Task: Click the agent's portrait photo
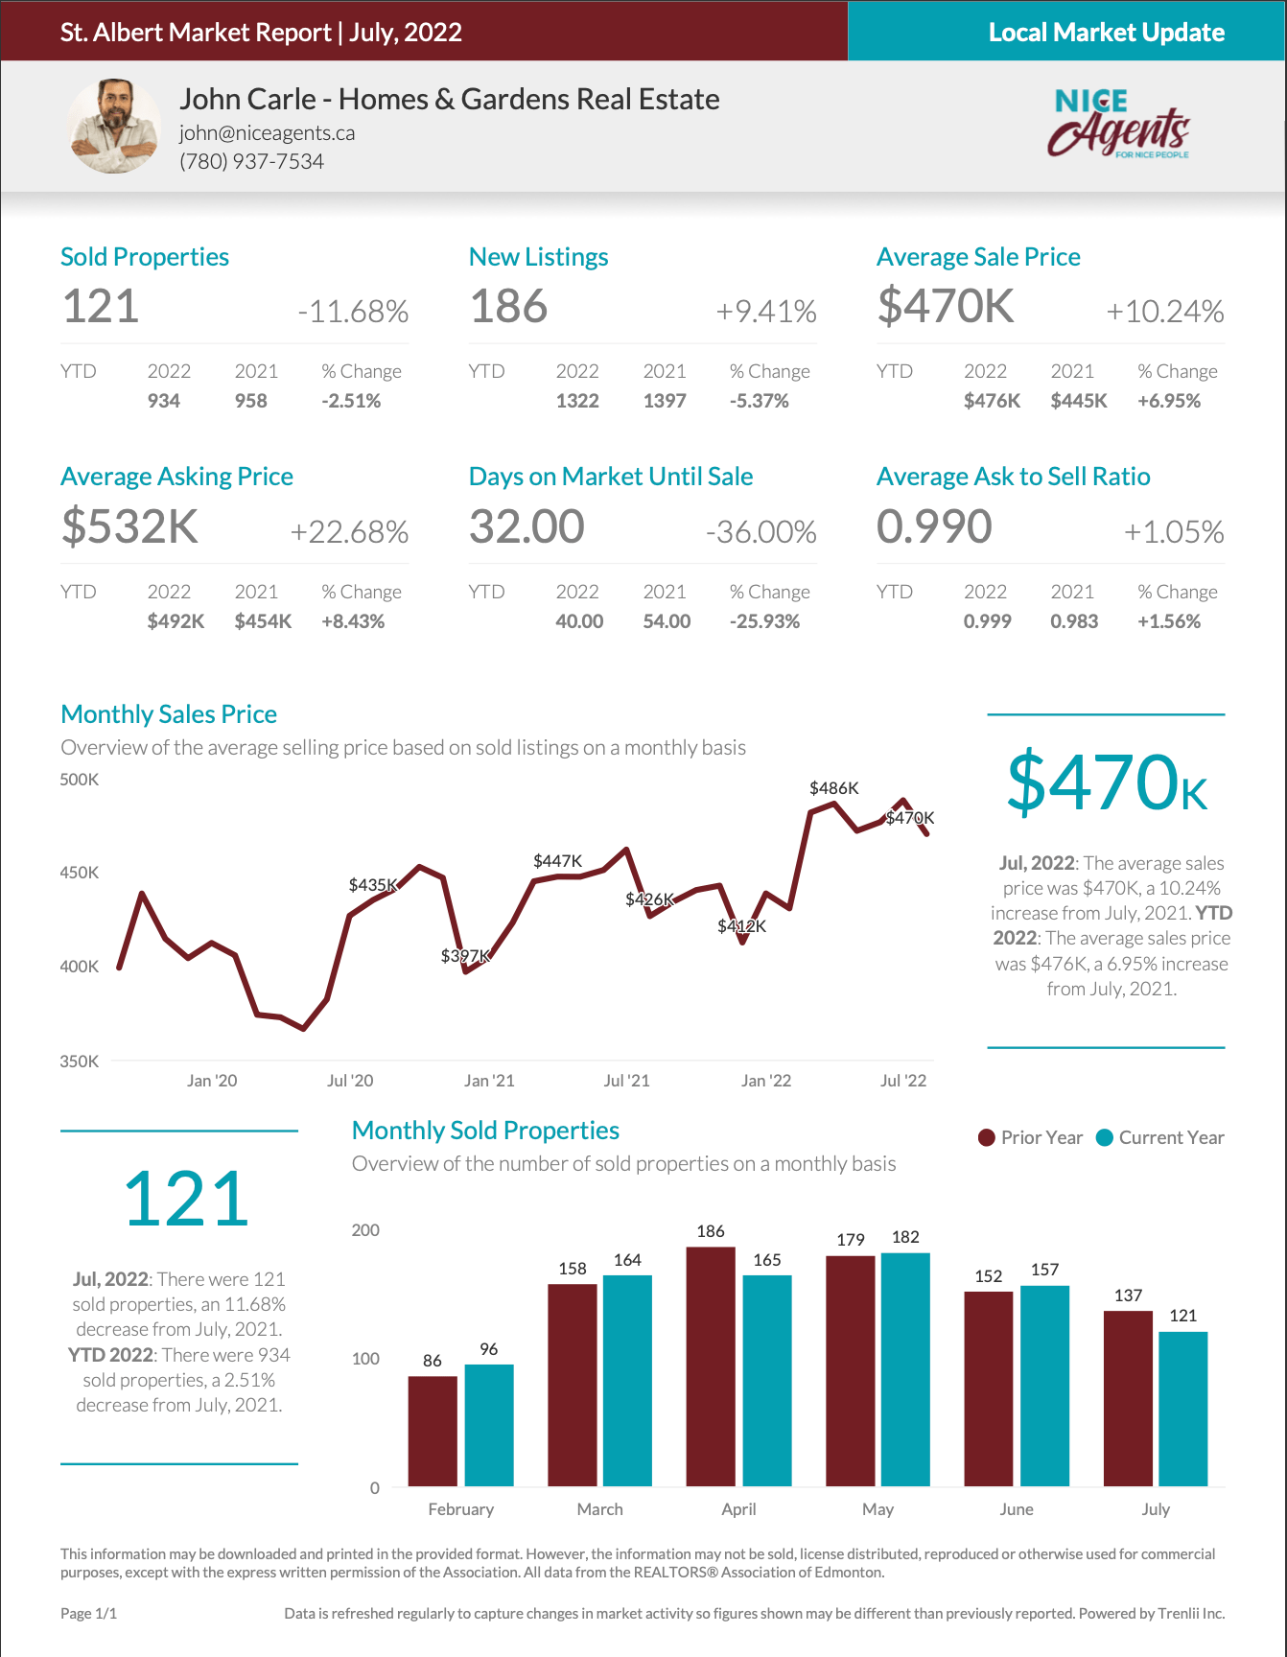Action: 114,126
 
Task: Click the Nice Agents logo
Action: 1118,124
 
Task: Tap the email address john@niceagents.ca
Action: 267,133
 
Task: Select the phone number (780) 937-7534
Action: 251,161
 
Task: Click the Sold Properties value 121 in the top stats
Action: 101,307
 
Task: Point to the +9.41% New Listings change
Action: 765,312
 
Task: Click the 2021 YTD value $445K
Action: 1078,401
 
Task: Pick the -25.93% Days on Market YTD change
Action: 763,621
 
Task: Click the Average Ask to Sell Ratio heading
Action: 1013,477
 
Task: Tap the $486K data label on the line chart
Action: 833,788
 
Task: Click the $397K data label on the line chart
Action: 465,956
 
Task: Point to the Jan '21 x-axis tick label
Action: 489,1081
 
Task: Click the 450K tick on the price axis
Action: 80,873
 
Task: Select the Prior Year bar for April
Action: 711,1366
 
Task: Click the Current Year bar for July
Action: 1182,1409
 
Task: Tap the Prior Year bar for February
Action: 433,1431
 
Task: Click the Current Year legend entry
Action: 1160,1137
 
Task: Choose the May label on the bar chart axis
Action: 877,1509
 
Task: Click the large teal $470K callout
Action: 1106,783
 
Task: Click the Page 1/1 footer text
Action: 88,1614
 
